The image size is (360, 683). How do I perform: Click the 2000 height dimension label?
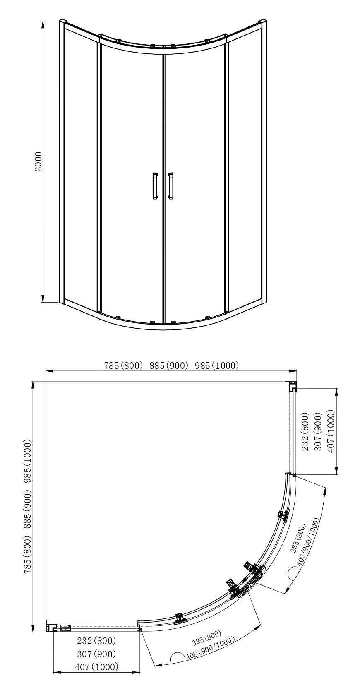[x=39, y=161]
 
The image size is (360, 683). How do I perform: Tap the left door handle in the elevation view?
[x=155, y=186]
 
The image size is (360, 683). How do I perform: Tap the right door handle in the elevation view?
[x=171, y=186]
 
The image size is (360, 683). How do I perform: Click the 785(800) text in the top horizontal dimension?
[x=123, y=365]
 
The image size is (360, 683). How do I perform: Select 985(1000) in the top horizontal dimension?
[x=216, y=365]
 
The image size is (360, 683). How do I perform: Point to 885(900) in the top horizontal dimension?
[x=169, y=365]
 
